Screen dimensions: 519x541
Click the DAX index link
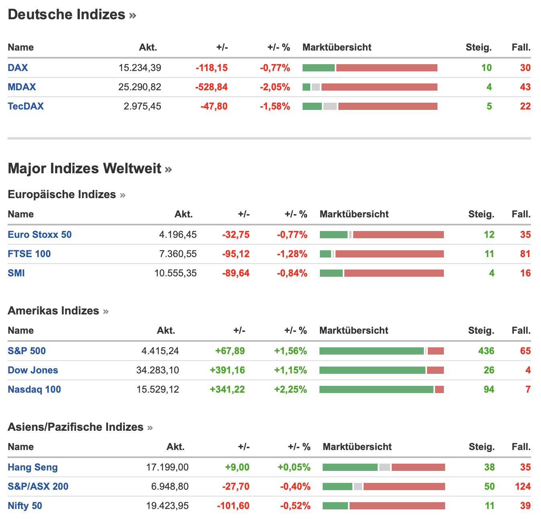coord(18,68)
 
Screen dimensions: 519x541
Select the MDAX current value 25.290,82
coord(140,87)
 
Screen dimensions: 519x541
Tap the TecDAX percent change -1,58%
coord(275,106)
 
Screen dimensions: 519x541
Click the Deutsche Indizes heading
coord(67,15)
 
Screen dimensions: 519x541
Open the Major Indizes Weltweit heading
coord(85,168)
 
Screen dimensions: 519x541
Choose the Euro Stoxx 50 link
coord(39,235)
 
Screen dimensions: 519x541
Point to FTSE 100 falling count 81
coord(525,254)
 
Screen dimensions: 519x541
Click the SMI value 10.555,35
coord(175,273)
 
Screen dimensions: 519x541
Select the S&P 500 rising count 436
coord(486,351)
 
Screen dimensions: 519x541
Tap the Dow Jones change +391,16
coord(227,370)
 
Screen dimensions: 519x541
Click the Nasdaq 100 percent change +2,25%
coord(291,389)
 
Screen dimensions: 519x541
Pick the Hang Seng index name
coord(33,467)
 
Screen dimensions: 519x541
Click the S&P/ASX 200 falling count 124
coord(523,487)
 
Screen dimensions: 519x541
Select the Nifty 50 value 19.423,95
coord(167,506)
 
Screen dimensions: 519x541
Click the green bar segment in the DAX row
coord(318,68)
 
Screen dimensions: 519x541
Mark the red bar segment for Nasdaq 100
coord(439,389)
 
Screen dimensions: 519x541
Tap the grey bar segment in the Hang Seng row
coord(384,467)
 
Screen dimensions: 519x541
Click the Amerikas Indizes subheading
coord(53,311)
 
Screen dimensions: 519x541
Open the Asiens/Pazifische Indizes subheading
coord(75,427)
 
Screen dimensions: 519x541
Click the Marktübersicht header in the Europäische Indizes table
coord(354,214)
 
